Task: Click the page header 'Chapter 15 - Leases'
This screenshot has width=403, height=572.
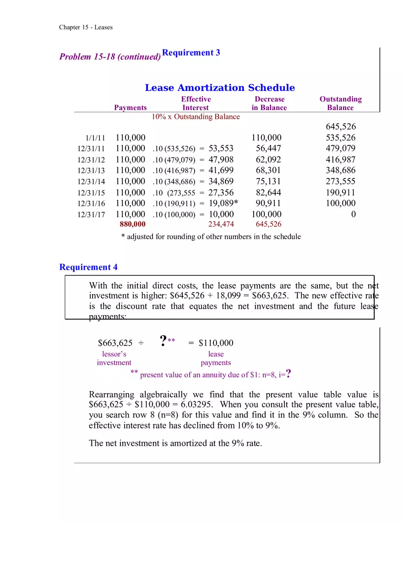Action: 86,27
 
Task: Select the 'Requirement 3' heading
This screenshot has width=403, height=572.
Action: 191,53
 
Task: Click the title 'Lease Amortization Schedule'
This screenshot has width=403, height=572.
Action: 220,88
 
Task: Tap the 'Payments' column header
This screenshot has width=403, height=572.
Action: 131,108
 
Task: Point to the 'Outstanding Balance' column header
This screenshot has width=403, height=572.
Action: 340,103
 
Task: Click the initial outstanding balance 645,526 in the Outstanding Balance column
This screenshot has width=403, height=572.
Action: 341,127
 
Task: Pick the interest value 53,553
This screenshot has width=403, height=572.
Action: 221,149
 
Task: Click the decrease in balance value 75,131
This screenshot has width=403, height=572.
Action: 268,182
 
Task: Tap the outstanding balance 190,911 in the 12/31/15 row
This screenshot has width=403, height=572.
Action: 341,193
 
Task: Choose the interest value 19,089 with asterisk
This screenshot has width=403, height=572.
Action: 223,204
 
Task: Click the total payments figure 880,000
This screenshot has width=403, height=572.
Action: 132,224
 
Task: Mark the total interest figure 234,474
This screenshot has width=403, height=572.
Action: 221,224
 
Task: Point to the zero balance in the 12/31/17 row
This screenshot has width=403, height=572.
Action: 353,215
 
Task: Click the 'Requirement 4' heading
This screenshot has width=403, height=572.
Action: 88,267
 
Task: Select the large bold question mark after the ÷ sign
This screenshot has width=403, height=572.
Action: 163,341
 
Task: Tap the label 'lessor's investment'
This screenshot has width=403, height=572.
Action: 114,358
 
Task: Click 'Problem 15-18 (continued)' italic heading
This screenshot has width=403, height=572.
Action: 110,57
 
